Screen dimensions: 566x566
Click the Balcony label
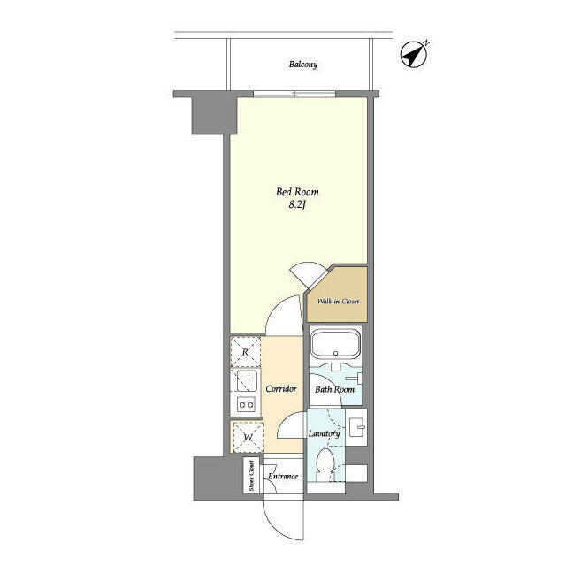pos(302,65)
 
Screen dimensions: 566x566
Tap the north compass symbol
pos(415,54)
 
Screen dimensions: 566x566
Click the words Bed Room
pos(297,192)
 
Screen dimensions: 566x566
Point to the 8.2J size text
pos(297,205)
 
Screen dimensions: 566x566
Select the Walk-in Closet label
pos(338,301)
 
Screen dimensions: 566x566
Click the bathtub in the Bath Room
pos(335,344)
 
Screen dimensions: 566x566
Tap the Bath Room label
pos(334,389)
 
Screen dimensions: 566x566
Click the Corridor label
pos(281,389)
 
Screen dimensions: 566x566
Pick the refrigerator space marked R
pos(246,352)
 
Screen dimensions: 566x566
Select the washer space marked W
pos(248,437)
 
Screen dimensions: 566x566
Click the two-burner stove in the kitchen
pos(246,405)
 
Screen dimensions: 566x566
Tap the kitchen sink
pos(247,380)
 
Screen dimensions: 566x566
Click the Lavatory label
pos(324,433)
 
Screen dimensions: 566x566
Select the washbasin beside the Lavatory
pos(356,427)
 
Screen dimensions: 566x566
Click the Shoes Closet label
pos(251,476)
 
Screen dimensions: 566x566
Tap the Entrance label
pos(283,476)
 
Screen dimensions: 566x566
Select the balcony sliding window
pos(294,95)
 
